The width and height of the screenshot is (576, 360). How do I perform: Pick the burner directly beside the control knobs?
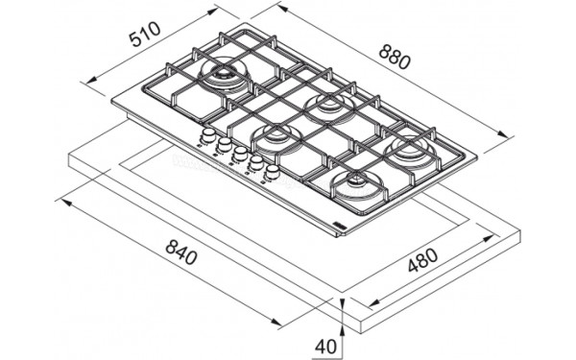click(276, 137)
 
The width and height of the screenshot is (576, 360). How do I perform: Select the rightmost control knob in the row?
click(273, 172)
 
